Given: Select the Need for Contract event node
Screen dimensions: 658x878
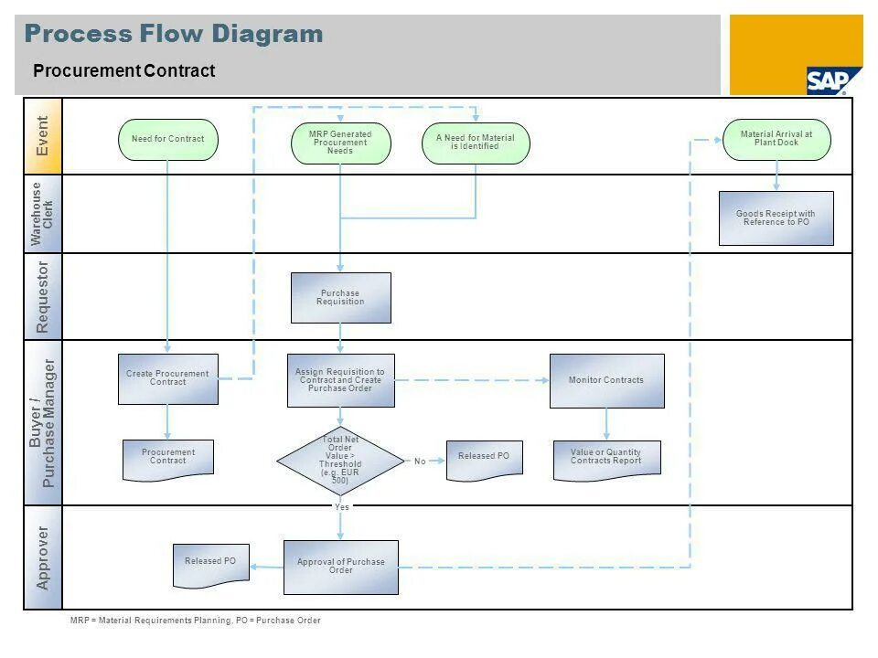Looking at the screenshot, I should [x=168, y=139].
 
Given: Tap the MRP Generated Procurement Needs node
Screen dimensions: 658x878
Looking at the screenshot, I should [x=340, y=143].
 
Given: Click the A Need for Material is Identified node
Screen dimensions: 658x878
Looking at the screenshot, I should [x=476, y=143].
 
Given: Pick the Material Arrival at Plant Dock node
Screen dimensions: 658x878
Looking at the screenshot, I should [x=776, y=139].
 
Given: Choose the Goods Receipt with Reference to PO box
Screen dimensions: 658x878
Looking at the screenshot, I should [x=776, y=218].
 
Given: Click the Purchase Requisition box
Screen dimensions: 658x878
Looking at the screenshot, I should [x=340, y=298].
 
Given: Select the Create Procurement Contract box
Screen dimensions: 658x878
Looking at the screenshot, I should [x=168, y=378].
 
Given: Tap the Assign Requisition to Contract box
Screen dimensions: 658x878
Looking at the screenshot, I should [x=340, y=380].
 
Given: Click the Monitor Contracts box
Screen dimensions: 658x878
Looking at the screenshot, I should [x=606, y=380].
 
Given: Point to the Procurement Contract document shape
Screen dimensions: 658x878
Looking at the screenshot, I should [x=168, y=459].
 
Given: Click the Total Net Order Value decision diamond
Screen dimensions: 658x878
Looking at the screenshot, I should [x=340, y=461].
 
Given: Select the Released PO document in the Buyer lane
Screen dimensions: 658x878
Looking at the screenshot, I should [x=484, y=459].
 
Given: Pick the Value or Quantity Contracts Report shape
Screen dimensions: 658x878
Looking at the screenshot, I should [x=606, y=459].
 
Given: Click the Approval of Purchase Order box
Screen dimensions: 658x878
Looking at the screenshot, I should [x=340, y=567].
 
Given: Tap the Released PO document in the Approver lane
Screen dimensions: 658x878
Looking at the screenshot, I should [x=210, y=564].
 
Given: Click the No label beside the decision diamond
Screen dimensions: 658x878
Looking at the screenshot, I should [x=420, y=462].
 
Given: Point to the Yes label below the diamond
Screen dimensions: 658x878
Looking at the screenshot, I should [x=341, y=506].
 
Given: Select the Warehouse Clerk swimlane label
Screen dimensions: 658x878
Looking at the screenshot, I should [x=43, y=214].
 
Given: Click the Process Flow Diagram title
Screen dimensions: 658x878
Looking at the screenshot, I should [x=174, y=35].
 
